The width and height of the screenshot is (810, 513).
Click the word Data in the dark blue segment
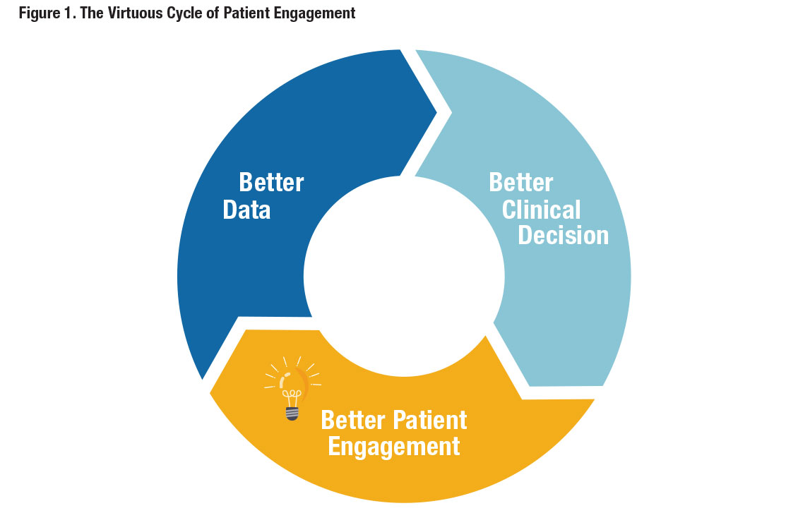point(246,210)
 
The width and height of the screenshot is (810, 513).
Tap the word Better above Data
point(271,182)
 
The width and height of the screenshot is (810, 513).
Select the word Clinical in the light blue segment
point(542,210)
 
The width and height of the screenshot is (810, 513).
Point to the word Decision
point(564,236)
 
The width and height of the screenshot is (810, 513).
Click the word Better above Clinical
point(521,182)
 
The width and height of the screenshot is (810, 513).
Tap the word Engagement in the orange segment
point(393,447)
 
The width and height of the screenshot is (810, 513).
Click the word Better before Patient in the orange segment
point(353,420)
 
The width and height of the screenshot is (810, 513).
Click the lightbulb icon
point(292,388)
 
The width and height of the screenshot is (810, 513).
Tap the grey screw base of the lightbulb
point(292,414)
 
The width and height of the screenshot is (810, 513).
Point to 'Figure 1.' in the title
point(47,13)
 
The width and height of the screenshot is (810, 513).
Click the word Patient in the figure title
point(247,13)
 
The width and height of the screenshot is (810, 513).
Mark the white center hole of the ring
point(404,276)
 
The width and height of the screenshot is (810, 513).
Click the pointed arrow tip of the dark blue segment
point(436,112)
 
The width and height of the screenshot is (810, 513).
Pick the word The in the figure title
point(92,13)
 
